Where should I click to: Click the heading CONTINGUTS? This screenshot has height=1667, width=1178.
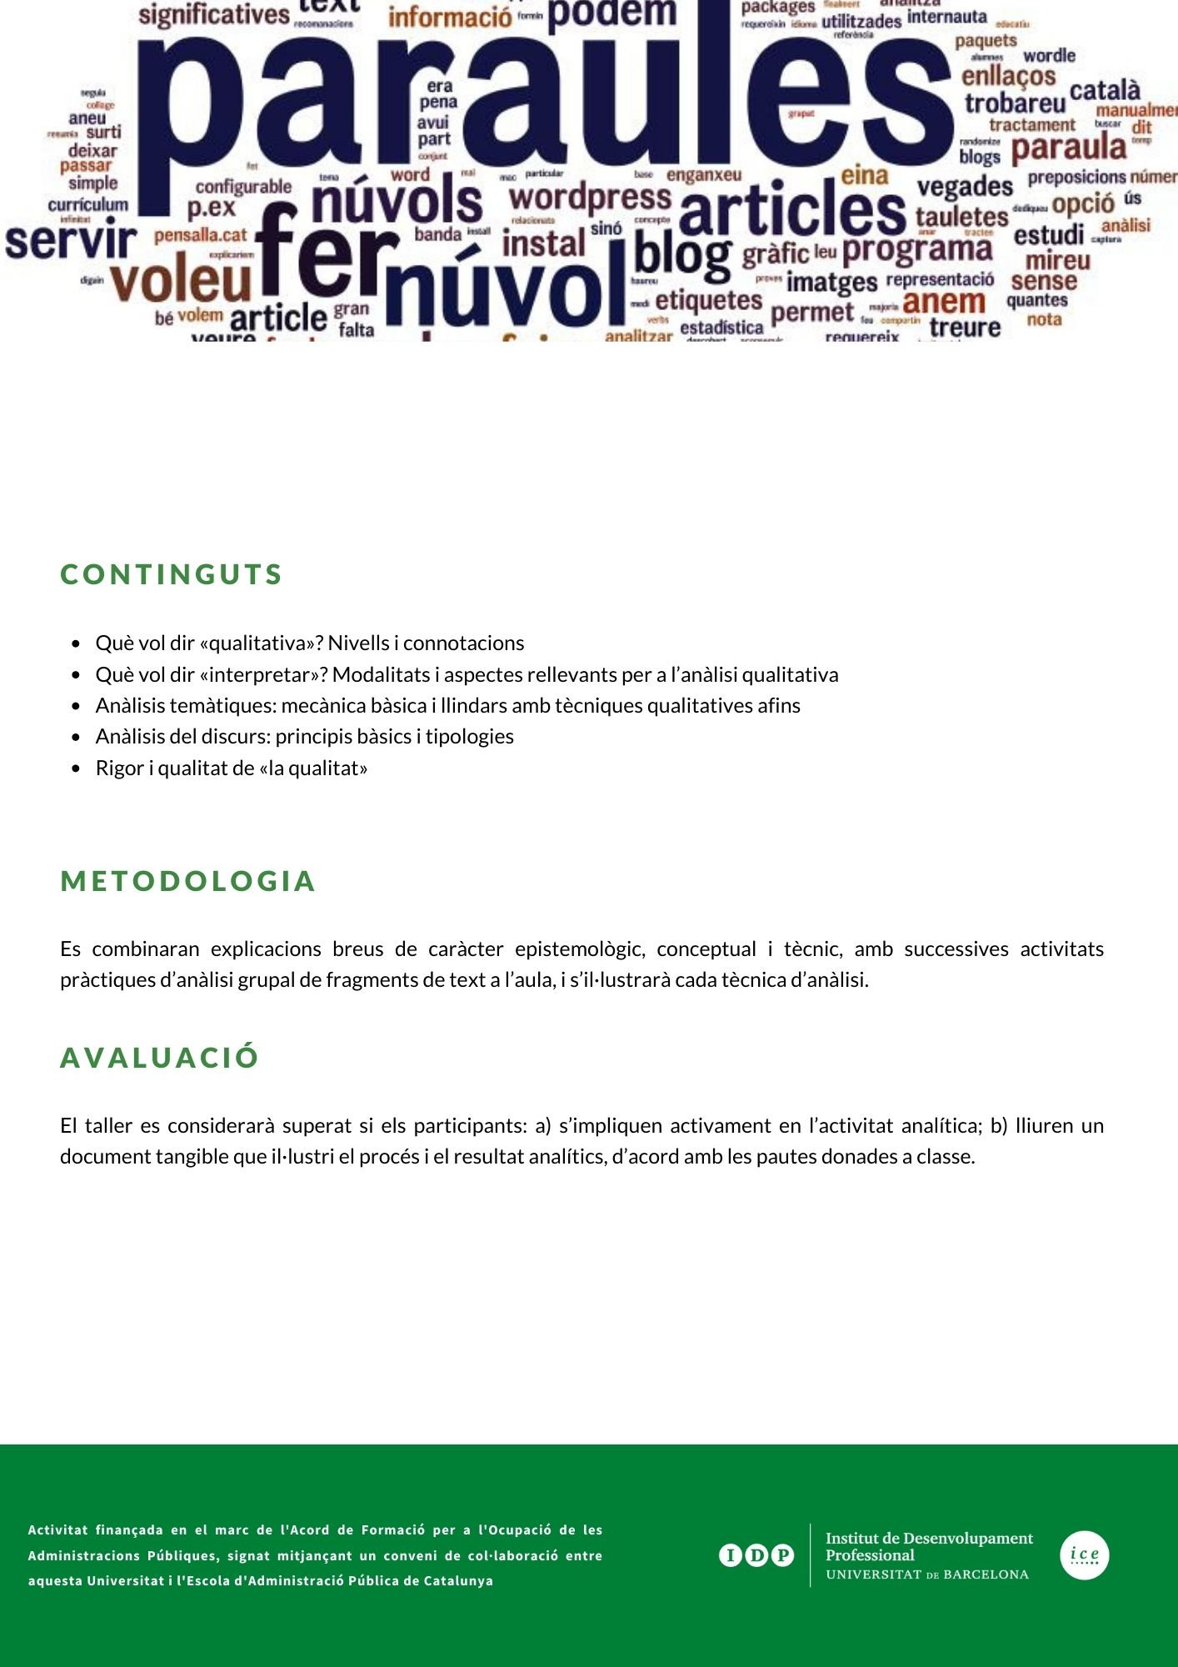point(172,574)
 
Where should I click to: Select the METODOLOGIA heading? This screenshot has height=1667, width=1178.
point(188,881)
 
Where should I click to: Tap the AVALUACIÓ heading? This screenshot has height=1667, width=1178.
point(160,1058)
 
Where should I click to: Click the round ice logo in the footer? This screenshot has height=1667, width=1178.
point(1084,1555)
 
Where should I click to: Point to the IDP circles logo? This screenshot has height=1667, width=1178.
point(756,1555)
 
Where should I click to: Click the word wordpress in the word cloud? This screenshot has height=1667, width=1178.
point(590,198)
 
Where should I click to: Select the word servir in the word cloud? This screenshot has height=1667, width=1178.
point(71,241)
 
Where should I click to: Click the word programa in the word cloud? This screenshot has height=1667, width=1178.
point(917,248)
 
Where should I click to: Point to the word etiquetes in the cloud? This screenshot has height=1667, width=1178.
point(709,300)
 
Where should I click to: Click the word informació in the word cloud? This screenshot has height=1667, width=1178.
point(450,17)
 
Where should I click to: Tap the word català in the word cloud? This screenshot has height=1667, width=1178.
point(1105,90)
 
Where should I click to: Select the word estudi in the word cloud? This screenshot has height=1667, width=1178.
point(1049,236)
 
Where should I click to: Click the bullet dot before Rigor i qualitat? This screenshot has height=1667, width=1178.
point(77,768)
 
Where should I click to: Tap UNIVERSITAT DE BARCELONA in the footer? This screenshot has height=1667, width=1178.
point(927,1574)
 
